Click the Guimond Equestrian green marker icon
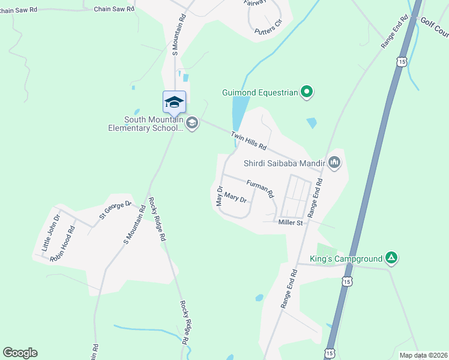(307, 92)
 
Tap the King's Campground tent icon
(391, 259)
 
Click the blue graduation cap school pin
(174, 102)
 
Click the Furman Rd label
(260, 188)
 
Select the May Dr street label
(220, 196)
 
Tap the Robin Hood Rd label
(62, 244)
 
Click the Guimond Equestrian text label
(260, 92)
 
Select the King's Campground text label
(346, 259)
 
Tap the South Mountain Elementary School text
(145, 124)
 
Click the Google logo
(20, 353)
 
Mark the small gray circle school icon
(192, 124)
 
